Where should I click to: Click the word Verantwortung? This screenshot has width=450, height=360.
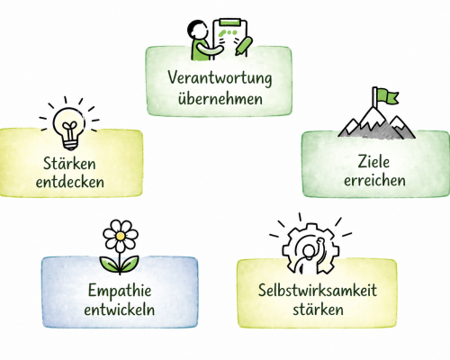coord(220,77)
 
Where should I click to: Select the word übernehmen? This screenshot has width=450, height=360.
coord(220,98)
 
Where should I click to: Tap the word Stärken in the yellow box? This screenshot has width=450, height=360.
coord(69,163)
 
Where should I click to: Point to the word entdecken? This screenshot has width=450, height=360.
coord(70,182)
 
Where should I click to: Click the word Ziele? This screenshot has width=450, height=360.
coord(373,162)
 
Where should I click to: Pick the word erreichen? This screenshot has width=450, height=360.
coord(374,180)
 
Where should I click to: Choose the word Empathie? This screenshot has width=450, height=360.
coord(120,292)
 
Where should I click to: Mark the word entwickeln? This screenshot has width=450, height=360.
coord(120,309)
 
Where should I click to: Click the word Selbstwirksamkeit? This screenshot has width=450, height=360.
coord(318,290)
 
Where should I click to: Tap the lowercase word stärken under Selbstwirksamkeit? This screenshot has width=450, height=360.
coord(319,309)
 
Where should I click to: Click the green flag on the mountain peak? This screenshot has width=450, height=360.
coord(388,95)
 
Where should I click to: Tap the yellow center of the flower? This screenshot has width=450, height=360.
coord(121,237)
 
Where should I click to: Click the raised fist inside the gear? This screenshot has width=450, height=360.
coord(320,241)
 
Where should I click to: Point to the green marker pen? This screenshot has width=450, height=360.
coord(244,46)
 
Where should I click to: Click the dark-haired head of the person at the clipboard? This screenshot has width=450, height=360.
coord(197,30)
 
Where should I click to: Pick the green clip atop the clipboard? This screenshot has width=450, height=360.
coord(229,22)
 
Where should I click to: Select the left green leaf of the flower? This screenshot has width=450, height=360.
coord(110,264)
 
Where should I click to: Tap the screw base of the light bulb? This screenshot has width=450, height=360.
coord(70,145)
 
